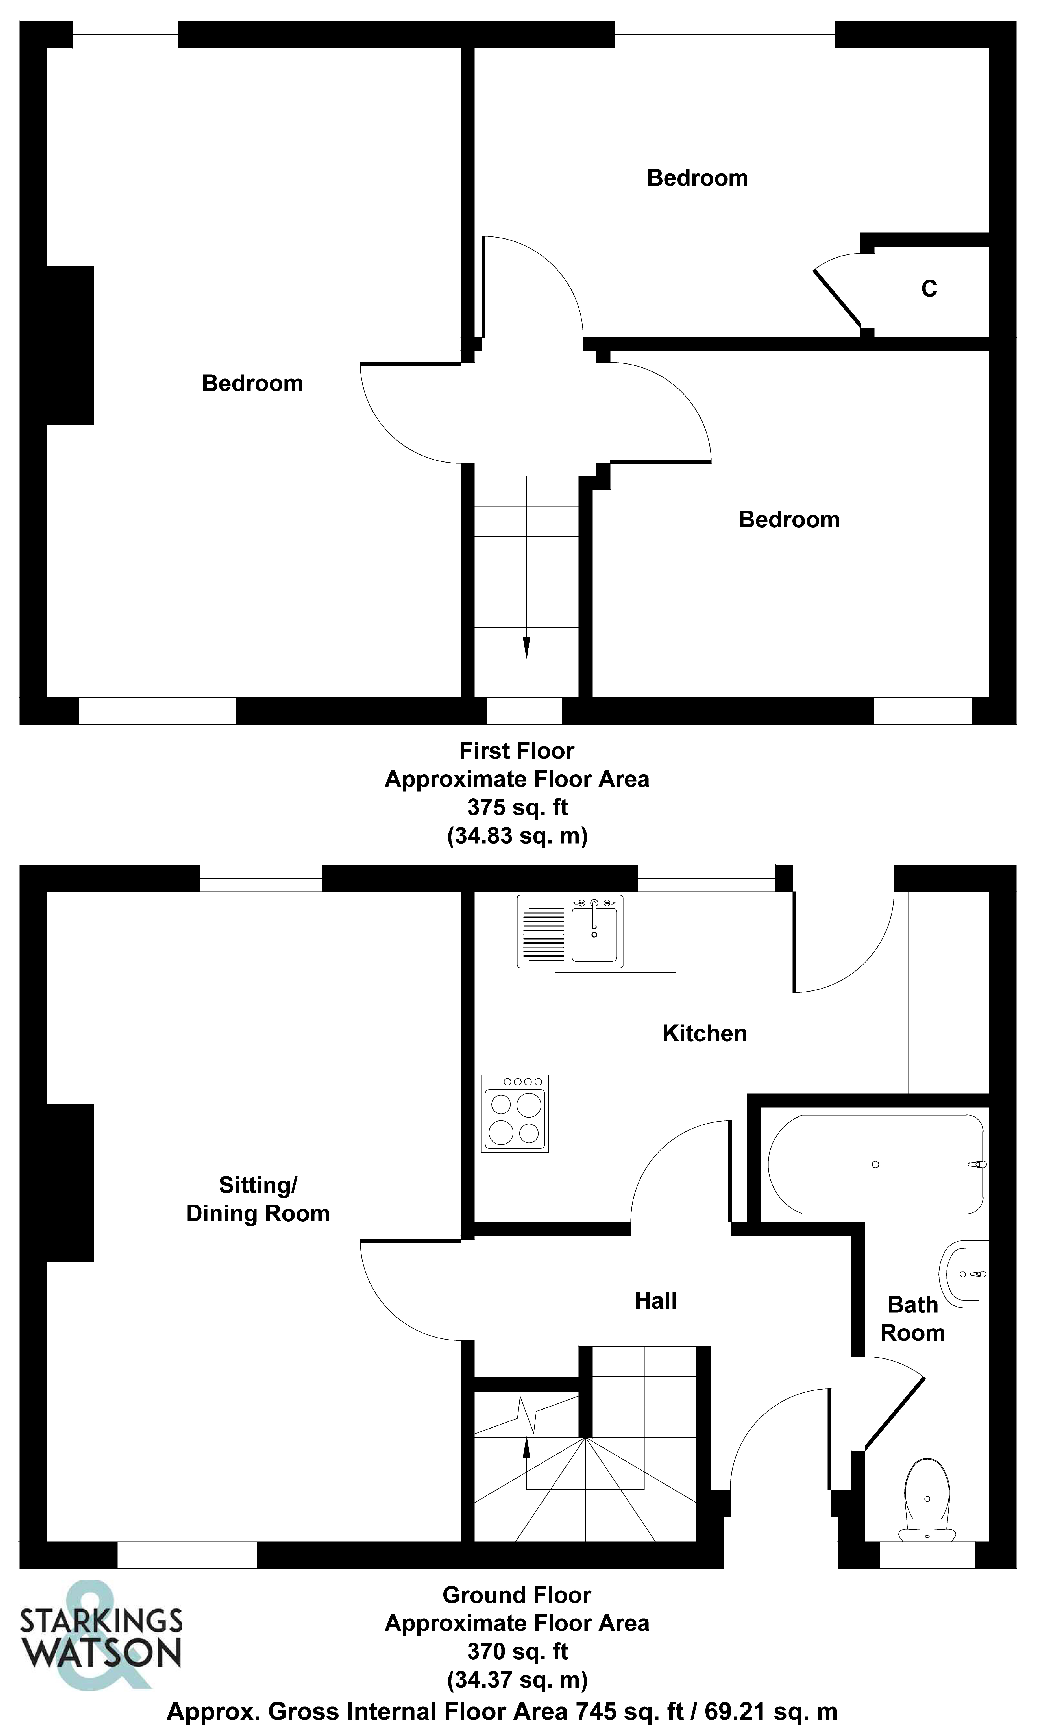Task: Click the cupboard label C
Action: (929, 289)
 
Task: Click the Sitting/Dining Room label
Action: (258, 1199)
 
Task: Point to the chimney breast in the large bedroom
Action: (70, 345)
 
